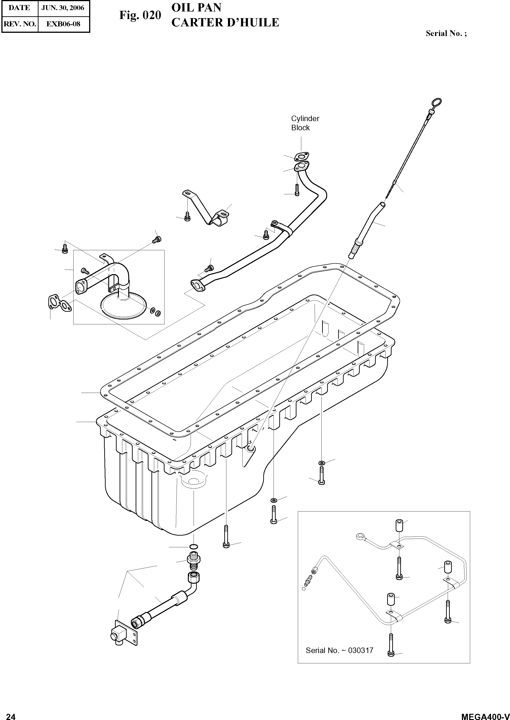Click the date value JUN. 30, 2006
click(63, 8)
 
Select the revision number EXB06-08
click(63, 24)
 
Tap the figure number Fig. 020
click(140, 15)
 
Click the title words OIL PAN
click(196, 8)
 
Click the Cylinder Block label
click(305, 123)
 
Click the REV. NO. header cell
click(20, 24)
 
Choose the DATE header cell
click(19, 8)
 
